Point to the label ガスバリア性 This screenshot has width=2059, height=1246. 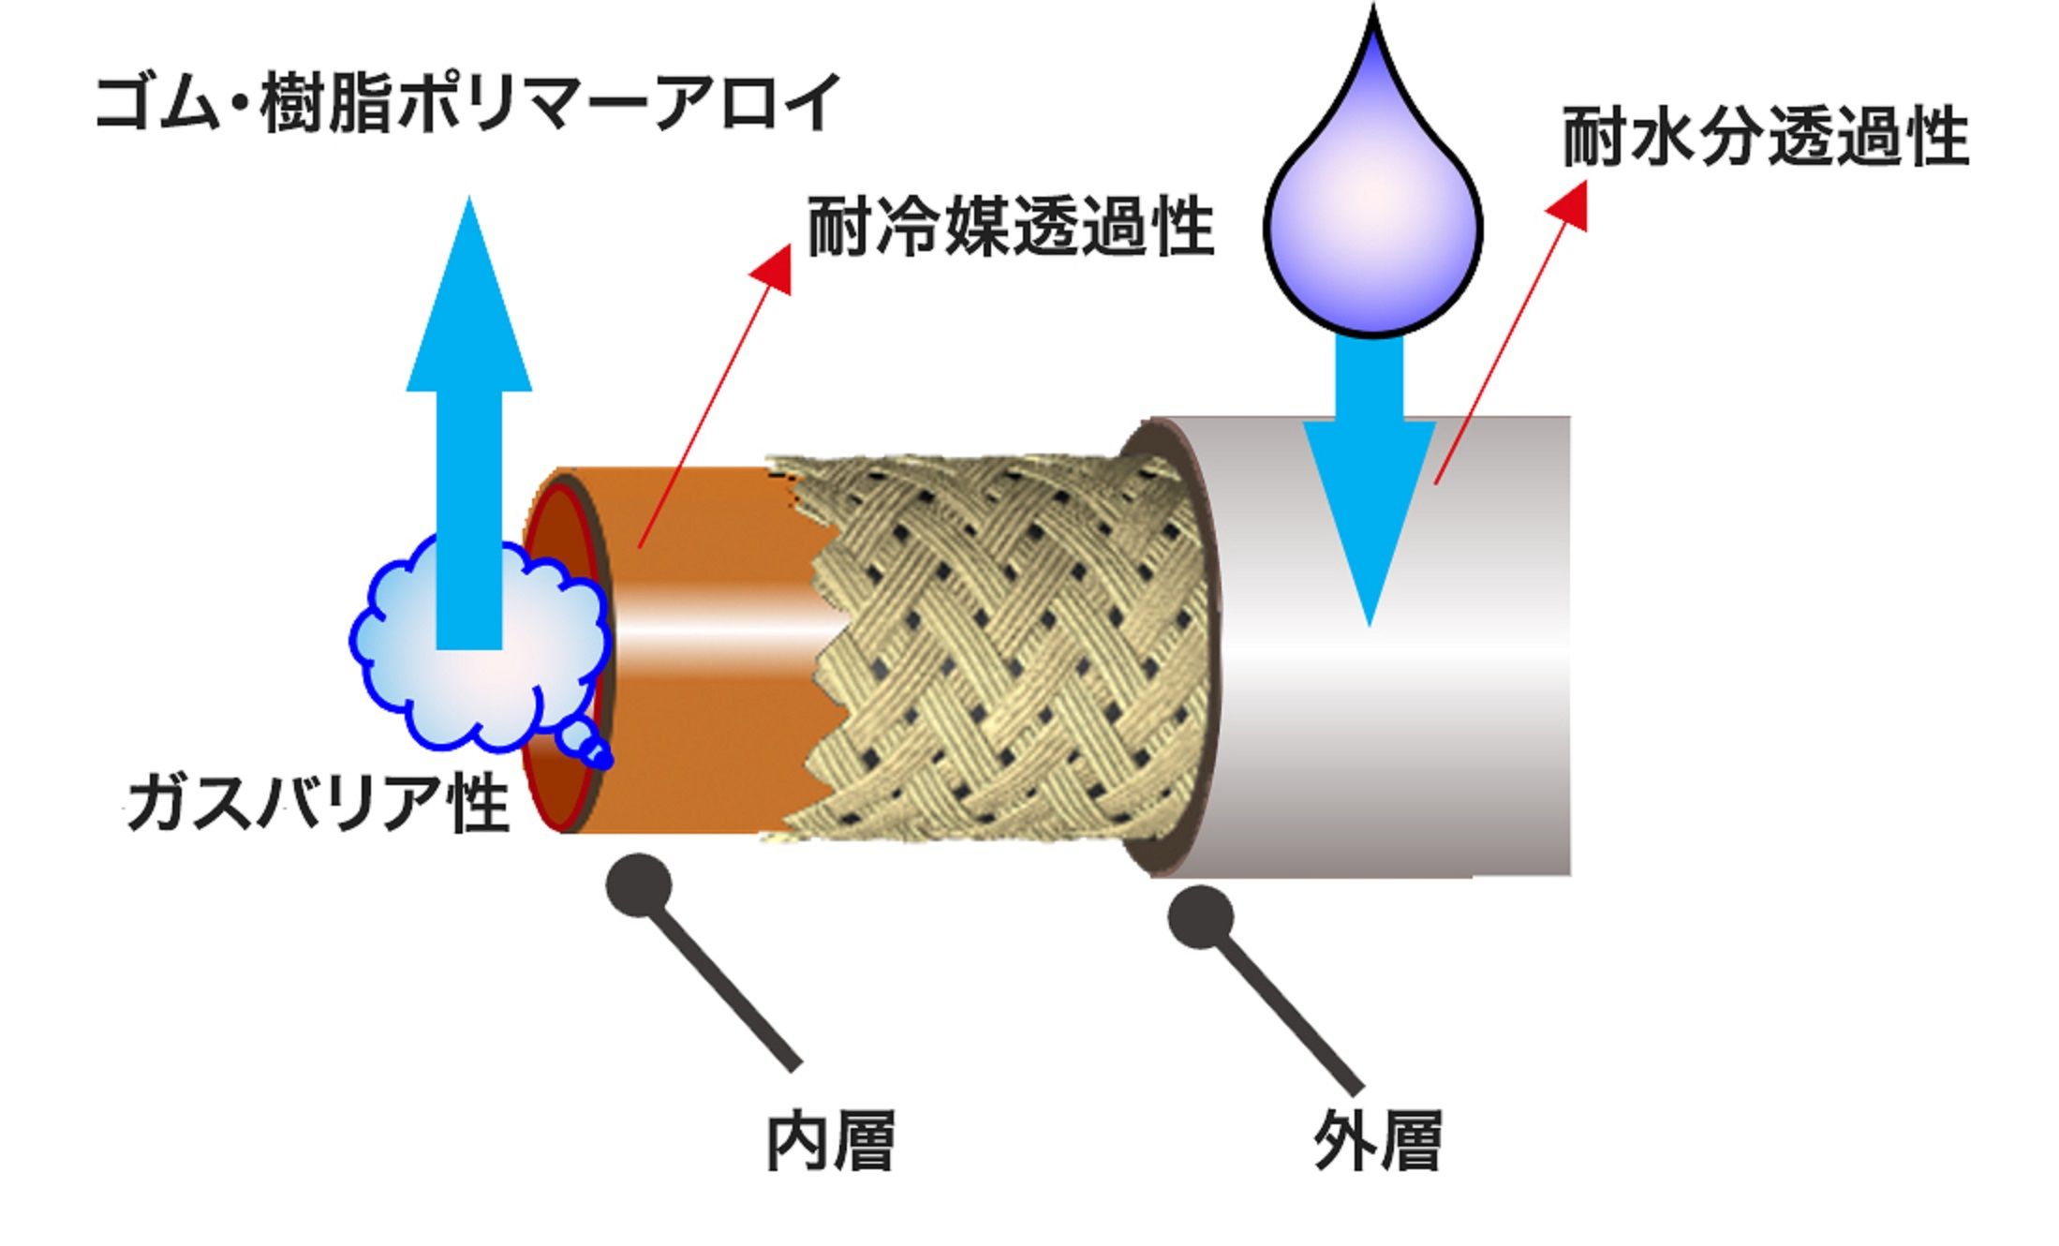(x=318, y=803)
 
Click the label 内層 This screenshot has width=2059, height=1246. (x=830, y=1140)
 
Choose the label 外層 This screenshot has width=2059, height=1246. (x=1377, y=1140)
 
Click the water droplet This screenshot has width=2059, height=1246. (x=1372, y=215)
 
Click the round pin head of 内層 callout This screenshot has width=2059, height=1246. (x=639, y=885)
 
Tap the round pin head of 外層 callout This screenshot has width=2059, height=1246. (x=1200, y=916)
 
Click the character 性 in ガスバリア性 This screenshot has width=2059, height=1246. (x=480, y=803)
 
